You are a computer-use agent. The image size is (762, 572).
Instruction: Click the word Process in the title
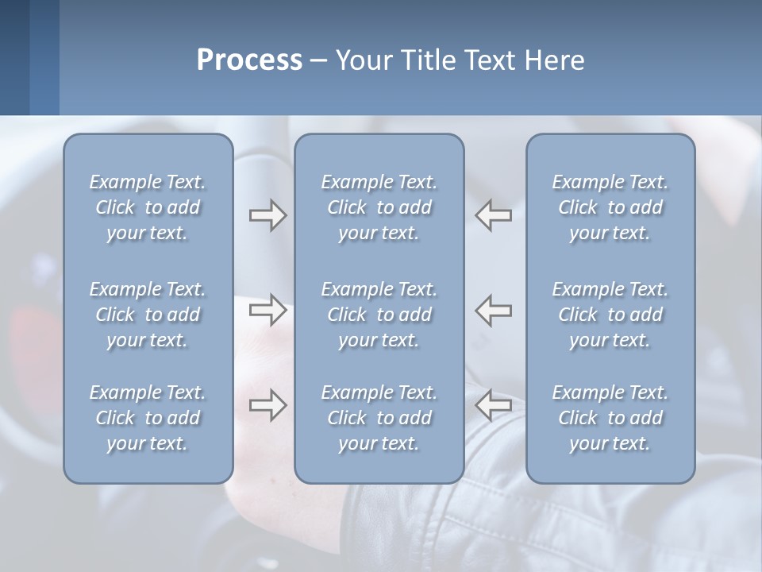[x=249, y=60]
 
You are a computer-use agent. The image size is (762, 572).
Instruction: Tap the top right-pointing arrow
[x=267, y=215]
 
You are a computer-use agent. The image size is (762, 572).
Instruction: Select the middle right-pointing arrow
[x=267, y=310]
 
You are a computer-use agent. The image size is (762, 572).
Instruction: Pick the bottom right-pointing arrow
[x=267, y=405]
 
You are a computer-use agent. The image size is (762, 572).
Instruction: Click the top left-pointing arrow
[x=493, y=215]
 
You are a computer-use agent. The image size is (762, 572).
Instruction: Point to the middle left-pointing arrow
[x=493, y=310]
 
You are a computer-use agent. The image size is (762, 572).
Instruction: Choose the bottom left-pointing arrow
[x=493, y=405]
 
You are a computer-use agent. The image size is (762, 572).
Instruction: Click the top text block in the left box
[x=148, y=207]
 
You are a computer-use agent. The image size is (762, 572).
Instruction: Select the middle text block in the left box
[x=148, y=315]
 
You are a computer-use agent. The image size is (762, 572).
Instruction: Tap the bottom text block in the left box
[x=148, y=418]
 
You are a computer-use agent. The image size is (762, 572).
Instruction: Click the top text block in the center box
[x=379, y=207]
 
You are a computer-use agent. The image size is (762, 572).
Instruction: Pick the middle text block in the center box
[x=379, y=315]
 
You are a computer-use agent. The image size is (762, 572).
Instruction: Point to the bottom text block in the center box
[x=379, y=418]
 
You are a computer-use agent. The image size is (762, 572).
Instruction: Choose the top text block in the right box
[x=610, y=207]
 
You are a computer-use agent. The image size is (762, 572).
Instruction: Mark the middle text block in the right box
[x=610, y=315]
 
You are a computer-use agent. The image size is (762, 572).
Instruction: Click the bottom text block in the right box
[x=610, y=418]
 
